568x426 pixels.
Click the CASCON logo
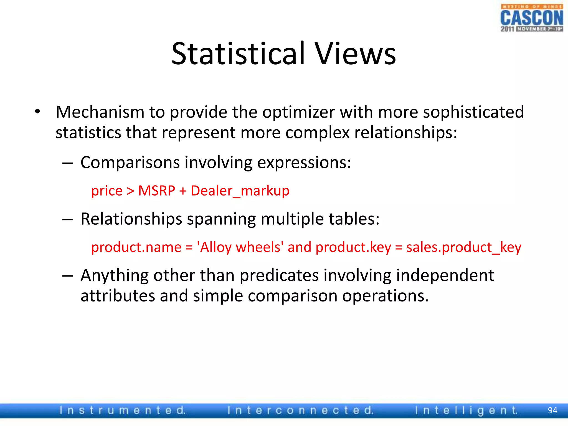(532, 18)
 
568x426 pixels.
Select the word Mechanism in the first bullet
(100, 112)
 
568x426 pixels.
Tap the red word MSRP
(157, 191)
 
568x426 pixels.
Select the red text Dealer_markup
(240, 191)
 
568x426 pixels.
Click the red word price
(107, 191)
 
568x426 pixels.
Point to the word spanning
(221, 219)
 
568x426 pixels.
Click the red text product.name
(136, 247)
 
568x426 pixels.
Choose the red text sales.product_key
(464, 247)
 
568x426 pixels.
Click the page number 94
(552, 410)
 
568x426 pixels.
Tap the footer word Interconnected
(301, 410)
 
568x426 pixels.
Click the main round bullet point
(38, 112)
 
